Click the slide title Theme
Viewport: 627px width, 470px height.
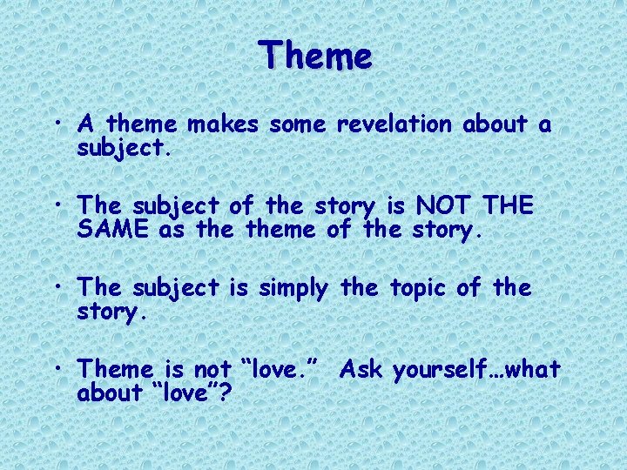point(315,57)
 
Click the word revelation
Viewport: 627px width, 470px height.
point(394,125)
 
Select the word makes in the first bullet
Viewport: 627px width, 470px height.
point(224,125)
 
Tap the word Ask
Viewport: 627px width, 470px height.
point(361,370)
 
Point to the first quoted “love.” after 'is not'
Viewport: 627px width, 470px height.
point(277,370)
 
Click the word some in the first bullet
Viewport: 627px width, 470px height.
point(298,125)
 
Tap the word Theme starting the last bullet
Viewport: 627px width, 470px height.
point(110,370)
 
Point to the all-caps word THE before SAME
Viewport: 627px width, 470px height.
point(509,206)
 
